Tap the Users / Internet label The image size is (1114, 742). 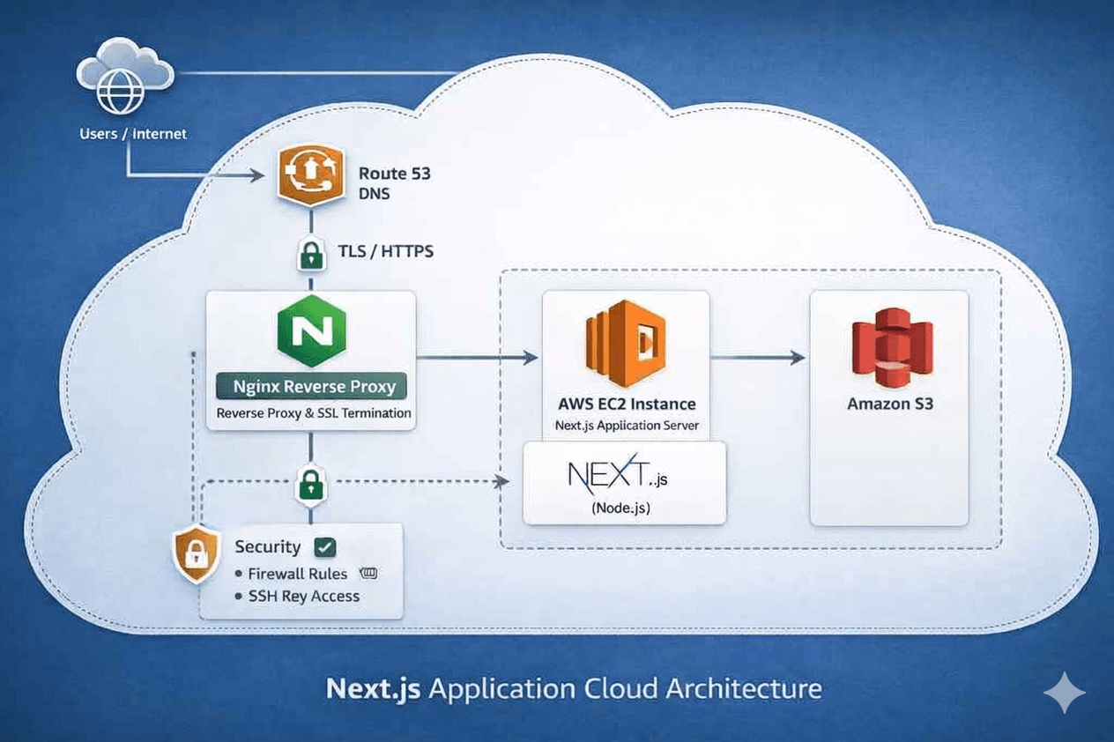pos(133,134)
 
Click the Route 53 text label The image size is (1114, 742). pos(395,174)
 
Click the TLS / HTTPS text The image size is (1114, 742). pos(385,251)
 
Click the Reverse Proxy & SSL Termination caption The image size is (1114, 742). pos(314,412)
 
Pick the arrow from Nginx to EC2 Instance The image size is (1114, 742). pos(477,357)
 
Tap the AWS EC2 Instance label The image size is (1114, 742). pos(627,404)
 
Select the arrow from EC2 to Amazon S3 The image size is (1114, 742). pos(758,357)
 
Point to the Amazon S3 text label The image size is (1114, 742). pos(890,404)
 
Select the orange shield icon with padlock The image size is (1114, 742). pos(196,555)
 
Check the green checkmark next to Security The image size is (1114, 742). pos(324,547)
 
